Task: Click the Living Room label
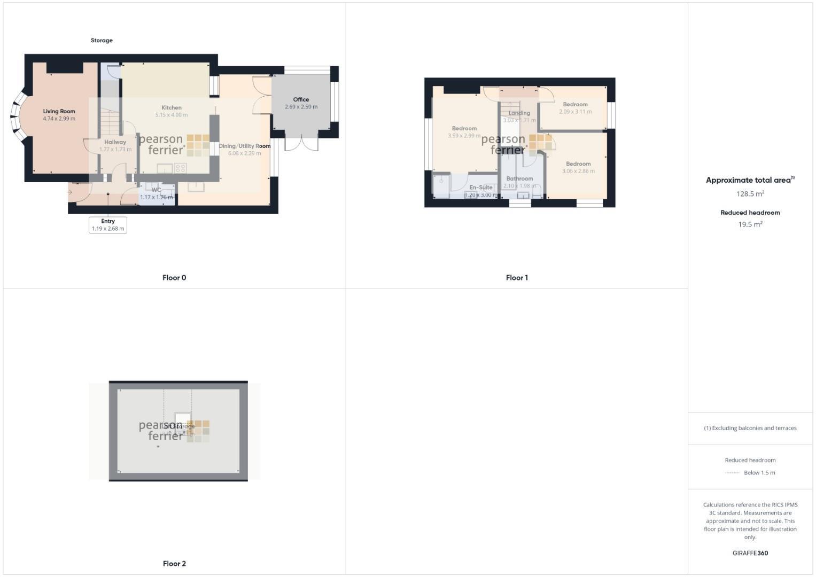[x=59, y=112]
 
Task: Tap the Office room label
[x=301, y=99]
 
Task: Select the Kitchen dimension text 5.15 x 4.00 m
[x=172, y=115]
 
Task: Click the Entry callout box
[x=108, y=225]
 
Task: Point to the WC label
[x=156, y=190]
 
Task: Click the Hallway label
[x=115, y=142]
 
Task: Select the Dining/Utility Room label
[x=245, y=146]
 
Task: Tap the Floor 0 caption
[x=174, y=278]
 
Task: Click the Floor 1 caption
[x=517, y=278]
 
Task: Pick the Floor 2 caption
[x=174, y=564]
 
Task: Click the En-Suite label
[x=481, y=188]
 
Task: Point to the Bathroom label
[x=519, y=178]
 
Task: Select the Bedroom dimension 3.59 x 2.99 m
[x=464, y=136]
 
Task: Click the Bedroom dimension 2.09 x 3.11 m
[x=576, y=112]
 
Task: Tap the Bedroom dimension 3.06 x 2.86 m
[x=578, y=171]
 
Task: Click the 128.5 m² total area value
[x=750, y=194]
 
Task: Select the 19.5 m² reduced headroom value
[x=750, y=224]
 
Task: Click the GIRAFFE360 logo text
[x=750, y=553]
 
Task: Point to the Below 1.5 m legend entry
[x=759, y=473]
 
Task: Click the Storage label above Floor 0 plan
[x=102, y=41]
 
